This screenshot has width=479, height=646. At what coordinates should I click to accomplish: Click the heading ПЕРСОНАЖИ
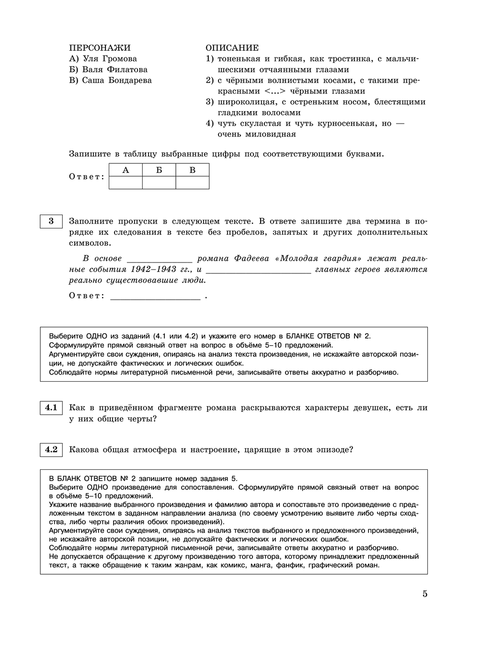click(100, 48)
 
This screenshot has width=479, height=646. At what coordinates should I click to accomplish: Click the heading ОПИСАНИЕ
click(232, 48)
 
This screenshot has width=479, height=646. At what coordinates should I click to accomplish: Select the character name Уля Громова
click(110, 59)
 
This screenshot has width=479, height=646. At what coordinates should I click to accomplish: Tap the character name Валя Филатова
click(115, 69)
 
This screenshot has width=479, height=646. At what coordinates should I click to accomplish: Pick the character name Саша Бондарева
click(117, 80)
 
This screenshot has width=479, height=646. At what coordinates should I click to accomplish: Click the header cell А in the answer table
click(125, 170)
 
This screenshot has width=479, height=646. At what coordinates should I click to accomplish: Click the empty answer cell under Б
click(159, 182)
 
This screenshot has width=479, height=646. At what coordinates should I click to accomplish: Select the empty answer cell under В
click(193, 182)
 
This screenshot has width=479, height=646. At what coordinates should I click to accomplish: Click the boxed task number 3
click(51, 222)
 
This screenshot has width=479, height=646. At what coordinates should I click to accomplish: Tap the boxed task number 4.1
click(51, 408)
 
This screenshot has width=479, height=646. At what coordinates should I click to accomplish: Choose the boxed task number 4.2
click(51, 450)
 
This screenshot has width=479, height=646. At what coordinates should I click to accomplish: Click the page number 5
click(425, 594)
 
